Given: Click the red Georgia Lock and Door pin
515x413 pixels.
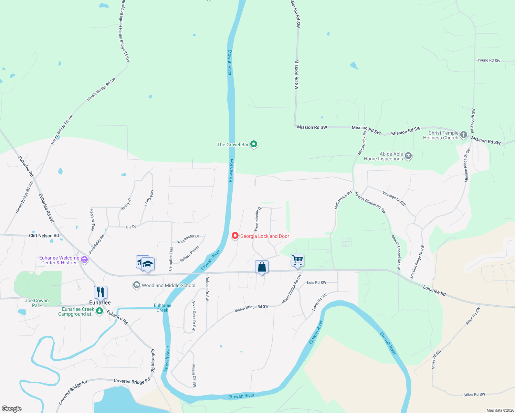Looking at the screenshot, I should click(x=235, y=236).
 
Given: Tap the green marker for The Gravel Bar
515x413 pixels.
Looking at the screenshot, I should click(x=254, y=144).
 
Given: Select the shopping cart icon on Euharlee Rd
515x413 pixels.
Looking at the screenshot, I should click(x=297, y=260).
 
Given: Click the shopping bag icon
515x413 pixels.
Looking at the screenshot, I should click(x=262, y=267).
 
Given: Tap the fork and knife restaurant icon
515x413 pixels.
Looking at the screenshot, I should click(x=101, y=293).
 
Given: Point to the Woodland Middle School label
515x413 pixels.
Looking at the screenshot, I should click(x=168, y=285).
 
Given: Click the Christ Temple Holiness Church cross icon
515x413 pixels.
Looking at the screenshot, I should click(x=463, y=135).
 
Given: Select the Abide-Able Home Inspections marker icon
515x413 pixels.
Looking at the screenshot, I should click(x=408, y=156).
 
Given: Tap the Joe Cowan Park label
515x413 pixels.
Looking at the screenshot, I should click(x=37, y=303).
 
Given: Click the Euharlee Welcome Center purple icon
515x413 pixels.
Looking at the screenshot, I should click(x=84, y=260).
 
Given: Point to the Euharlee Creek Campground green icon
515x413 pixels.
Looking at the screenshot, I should click(x=99, y=311).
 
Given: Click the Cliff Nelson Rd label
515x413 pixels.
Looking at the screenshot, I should click(x=44, y=236).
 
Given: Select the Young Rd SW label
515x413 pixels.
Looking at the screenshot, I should click(x=489, y=60).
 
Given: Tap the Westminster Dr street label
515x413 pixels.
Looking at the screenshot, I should click(x=257, y=219).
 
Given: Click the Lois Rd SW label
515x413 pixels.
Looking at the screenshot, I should click(x=316, y=283).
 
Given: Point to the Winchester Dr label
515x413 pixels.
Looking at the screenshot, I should click(x=188, y=239).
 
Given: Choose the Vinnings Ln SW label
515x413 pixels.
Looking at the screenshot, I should click(x=394, y=199).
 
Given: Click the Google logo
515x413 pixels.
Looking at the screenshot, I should click(x=12, y=409).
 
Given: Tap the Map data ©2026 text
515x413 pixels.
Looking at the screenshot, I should click(x=499, y=410).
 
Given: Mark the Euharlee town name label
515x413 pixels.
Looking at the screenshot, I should click(x=100, y=303).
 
